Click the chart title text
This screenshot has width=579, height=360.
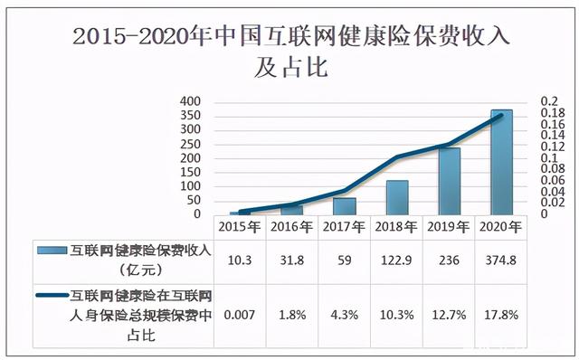coord(289,51)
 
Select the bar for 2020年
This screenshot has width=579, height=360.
coord(501,162)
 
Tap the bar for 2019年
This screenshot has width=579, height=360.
coord(449,181)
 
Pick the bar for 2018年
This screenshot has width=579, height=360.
coord(397,197)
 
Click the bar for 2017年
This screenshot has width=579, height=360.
coord(345,205)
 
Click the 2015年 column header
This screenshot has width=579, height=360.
coord(240,226)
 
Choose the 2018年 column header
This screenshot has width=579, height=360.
coord(396,226)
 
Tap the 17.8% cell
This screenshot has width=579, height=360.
coord(501,313)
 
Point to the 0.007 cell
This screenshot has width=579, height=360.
coord(240,313)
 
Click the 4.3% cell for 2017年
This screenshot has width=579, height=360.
coord(345,313)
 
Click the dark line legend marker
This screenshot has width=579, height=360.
coord(52,296)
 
